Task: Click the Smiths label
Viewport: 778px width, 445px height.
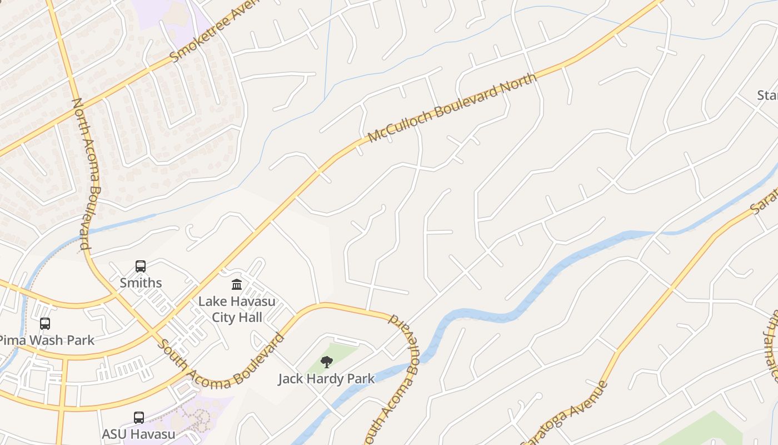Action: click(x=141, y=283)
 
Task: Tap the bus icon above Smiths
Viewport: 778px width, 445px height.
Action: click(x=141, y=266)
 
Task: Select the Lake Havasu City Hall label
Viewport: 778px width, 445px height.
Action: click(x=237, y=309)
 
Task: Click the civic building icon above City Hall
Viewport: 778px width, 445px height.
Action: click(x=237, y=285)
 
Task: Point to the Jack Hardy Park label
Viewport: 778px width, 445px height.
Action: click(x=326, y=379)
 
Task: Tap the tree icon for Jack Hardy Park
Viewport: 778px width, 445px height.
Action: click(x=327, y=362)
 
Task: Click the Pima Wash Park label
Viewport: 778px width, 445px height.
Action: click(x=47, y=340)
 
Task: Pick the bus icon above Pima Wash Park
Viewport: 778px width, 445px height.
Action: click(x=45, y=323)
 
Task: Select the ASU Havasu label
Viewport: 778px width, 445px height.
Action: click(x=138, y=434)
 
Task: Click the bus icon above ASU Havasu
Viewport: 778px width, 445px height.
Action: click(x=139, y=417)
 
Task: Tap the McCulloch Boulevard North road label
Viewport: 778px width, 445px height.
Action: click(x=452, y=107)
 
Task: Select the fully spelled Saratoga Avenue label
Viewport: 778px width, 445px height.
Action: click(x=565, y=413)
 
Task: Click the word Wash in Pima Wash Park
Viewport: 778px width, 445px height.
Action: click(x=47, y=340)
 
